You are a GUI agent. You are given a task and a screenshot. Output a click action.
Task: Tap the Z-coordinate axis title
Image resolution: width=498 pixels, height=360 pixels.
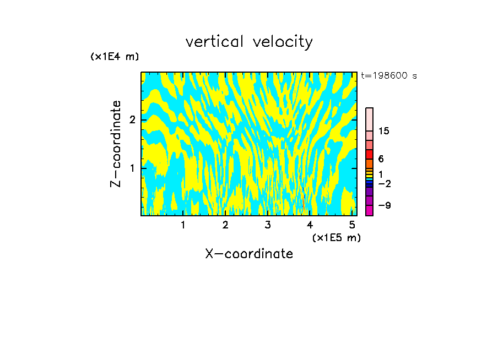[116, 143]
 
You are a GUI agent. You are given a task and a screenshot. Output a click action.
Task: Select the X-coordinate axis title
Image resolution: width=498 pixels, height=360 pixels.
[249, 254]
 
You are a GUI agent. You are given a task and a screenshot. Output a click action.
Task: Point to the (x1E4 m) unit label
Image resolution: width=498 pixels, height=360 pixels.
[115, 57]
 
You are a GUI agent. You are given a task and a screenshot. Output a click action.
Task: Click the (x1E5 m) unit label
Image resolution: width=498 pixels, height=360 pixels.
[336, 237]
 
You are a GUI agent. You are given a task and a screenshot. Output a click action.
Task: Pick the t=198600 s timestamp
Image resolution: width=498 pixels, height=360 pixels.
[389, 75]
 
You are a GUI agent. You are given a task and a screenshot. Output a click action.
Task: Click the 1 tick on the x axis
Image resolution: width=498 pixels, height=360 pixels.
[183, 225]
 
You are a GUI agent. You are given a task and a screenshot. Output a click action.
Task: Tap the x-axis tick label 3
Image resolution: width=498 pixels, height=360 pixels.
[268, 225]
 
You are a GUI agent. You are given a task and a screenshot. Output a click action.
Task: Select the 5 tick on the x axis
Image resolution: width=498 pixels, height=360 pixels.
[352, 225]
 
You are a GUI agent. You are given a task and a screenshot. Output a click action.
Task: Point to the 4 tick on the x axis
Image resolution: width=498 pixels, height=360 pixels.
[310, 225]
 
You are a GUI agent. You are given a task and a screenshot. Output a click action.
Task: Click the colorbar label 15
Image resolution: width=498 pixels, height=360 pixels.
[384, 131]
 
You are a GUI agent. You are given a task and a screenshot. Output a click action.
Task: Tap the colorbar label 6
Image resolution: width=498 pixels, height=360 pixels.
[381, 159]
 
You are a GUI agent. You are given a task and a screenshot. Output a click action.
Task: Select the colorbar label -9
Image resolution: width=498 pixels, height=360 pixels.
[384, 205]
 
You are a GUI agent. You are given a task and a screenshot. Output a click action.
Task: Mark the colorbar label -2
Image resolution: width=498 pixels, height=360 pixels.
[384, 183]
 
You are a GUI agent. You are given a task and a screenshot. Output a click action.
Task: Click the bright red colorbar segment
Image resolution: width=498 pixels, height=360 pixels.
[369, 154]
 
